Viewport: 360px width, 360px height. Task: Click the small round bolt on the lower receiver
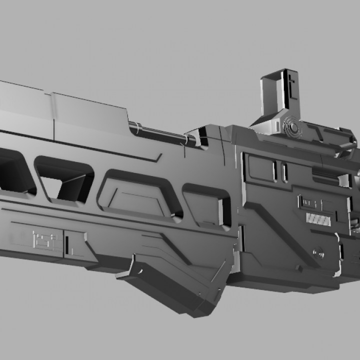click(314, 251)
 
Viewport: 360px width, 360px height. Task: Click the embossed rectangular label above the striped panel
click(315, 202)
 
